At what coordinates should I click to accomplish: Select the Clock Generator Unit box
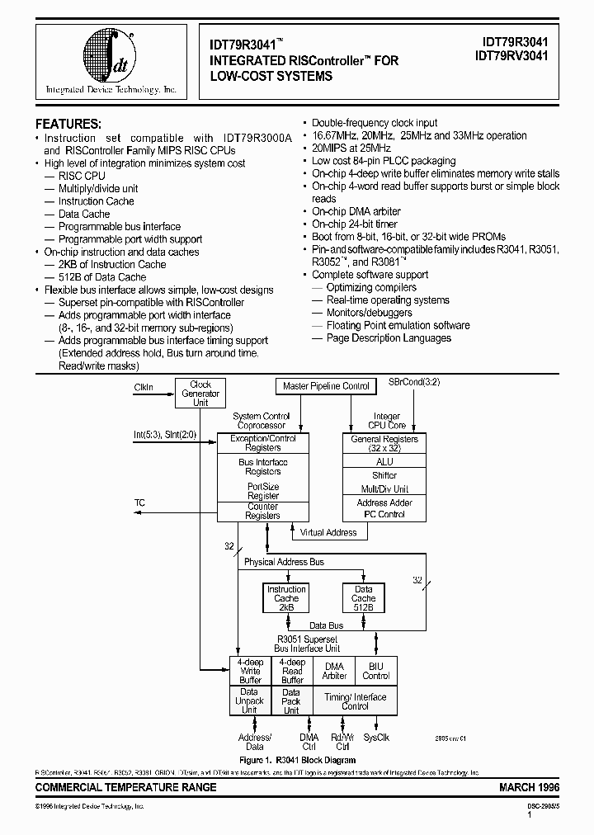pyautogui.click(x=200, y=394)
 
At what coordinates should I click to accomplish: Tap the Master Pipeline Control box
pyautogui.click(x=326, y=386)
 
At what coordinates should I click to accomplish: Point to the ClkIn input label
pyautogui.click(x=144, y=387)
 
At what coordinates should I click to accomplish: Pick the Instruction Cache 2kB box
pyautogui.click(x=286, y=598)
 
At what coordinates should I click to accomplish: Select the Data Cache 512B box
pyautogui.click(x=363, y=598)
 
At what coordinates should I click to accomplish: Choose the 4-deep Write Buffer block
pyautogui.click(x=250, y=671)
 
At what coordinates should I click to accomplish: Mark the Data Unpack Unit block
pyautogui.click(x=249, y=701)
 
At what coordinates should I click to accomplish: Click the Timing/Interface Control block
pyautogui.click(x=355, y=701)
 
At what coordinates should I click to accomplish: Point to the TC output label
pyautogui.click(x=139, y=502)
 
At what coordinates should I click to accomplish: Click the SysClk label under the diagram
pyautogui.click(x=375, y=737)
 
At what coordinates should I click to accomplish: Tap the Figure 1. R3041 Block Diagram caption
pyautogui.click(x=296, y=760)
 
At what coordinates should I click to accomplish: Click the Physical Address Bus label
pyautogui.click(x=284, y=562)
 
